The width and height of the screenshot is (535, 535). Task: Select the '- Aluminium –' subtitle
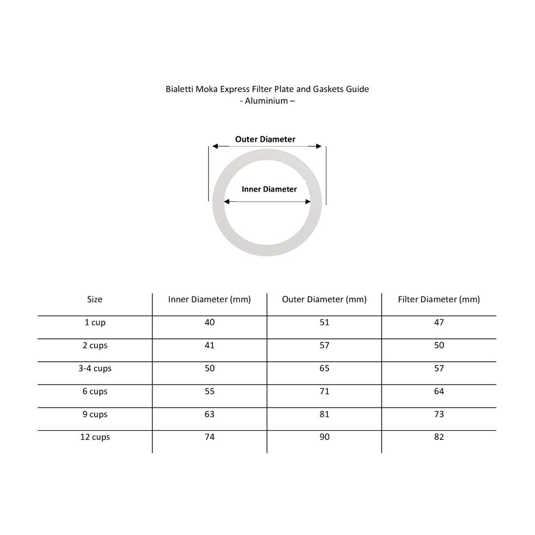(267, 101)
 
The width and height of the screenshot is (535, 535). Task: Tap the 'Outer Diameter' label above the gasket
(265, 139)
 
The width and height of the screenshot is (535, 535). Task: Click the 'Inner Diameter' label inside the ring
(269, 189)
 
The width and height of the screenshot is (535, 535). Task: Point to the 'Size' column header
(95, 300)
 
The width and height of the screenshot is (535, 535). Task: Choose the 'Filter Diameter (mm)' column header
(439, 300)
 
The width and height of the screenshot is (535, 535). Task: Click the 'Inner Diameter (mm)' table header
(209, 300)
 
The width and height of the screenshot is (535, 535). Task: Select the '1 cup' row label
(95, 323)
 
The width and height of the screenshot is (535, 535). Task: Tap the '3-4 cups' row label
(95, 369)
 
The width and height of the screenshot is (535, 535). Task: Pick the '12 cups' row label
(95, 437)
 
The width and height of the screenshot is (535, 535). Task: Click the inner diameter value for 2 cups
(209, 346)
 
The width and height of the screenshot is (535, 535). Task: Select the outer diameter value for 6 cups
(324, 392)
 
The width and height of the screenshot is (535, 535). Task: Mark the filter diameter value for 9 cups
(439, 414)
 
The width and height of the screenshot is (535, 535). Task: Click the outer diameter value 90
(324, 437)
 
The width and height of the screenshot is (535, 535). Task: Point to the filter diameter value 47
(439, 323)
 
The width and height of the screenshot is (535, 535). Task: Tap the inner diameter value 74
(209, 437)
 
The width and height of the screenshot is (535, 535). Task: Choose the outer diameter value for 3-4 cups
(324, 369)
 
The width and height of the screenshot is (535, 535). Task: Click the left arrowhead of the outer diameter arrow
(215, 146)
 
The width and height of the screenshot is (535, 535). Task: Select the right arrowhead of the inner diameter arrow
(308, 202)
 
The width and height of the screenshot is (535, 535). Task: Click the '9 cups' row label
(95, 414)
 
